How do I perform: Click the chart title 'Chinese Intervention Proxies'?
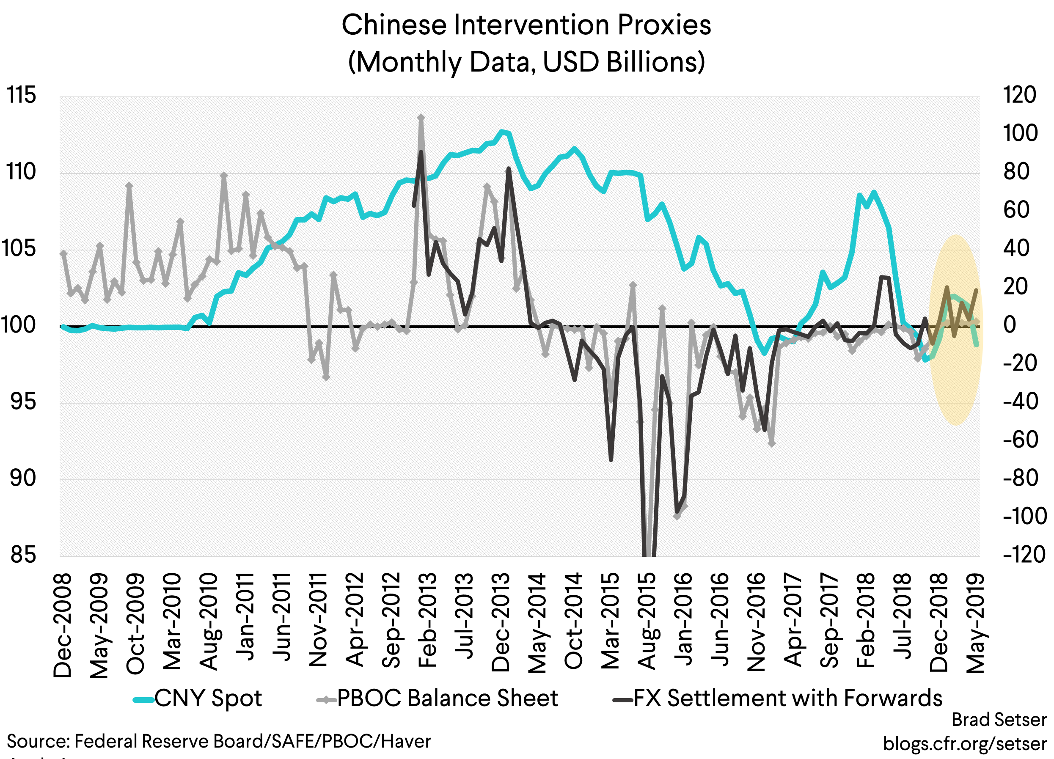(x=526, y=25)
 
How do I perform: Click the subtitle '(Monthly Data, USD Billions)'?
(x=526, y=62)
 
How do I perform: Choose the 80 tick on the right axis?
(x=1016, y=172)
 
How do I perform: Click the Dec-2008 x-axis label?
(x=63, y=625)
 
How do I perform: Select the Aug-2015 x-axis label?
(x=647, y=621)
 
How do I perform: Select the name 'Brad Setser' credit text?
(x=999, y=720)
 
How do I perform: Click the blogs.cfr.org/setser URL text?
(x=964, y=743)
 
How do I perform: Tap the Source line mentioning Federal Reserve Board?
(x=218, y=741)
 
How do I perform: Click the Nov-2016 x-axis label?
(x=756, y=622)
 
